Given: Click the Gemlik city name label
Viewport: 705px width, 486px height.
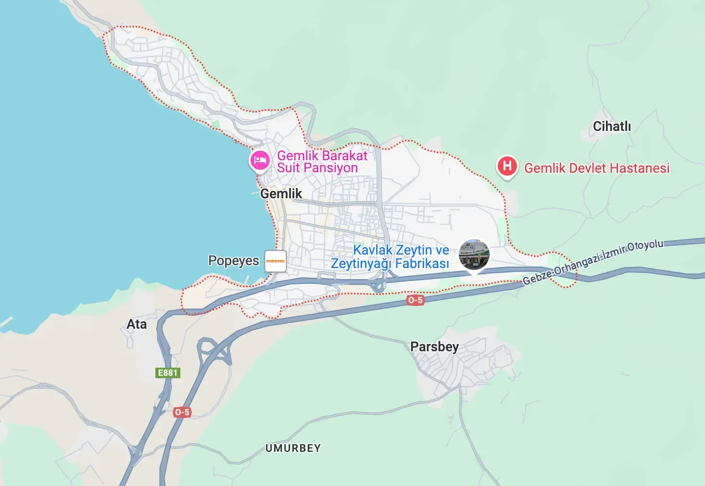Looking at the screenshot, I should click(281, 193).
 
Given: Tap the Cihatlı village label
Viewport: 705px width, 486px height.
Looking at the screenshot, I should click(612, 127).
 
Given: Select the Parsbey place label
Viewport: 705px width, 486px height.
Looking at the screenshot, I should click(434, 346).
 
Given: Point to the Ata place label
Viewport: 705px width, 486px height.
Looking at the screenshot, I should click(137, 324).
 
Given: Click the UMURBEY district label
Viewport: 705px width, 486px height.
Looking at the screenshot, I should click(293, 448).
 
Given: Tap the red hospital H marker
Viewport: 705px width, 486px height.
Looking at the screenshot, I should click(507, 166).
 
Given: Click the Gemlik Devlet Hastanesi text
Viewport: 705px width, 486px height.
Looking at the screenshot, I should click(597, 168).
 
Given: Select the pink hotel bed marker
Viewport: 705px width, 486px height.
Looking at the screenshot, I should click(260, 160).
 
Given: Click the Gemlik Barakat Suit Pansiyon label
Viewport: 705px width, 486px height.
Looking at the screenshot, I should click(322, 162).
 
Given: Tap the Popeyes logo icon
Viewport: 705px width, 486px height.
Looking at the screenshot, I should click(276, 261).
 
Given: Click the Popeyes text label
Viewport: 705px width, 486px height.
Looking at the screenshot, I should click(233, 261).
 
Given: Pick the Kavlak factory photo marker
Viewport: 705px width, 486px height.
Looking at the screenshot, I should click(474, 255).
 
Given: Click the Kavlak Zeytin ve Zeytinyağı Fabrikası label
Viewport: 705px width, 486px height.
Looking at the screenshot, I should click(390, 257).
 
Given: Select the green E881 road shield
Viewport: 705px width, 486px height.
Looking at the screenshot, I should click(168, 373).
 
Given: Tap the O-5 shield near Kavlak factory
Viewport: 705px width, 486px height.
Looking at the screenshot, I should click(415, 300).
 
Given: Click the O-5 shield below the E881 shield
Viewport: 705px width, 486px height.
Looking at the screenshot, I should click(182, 412).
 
